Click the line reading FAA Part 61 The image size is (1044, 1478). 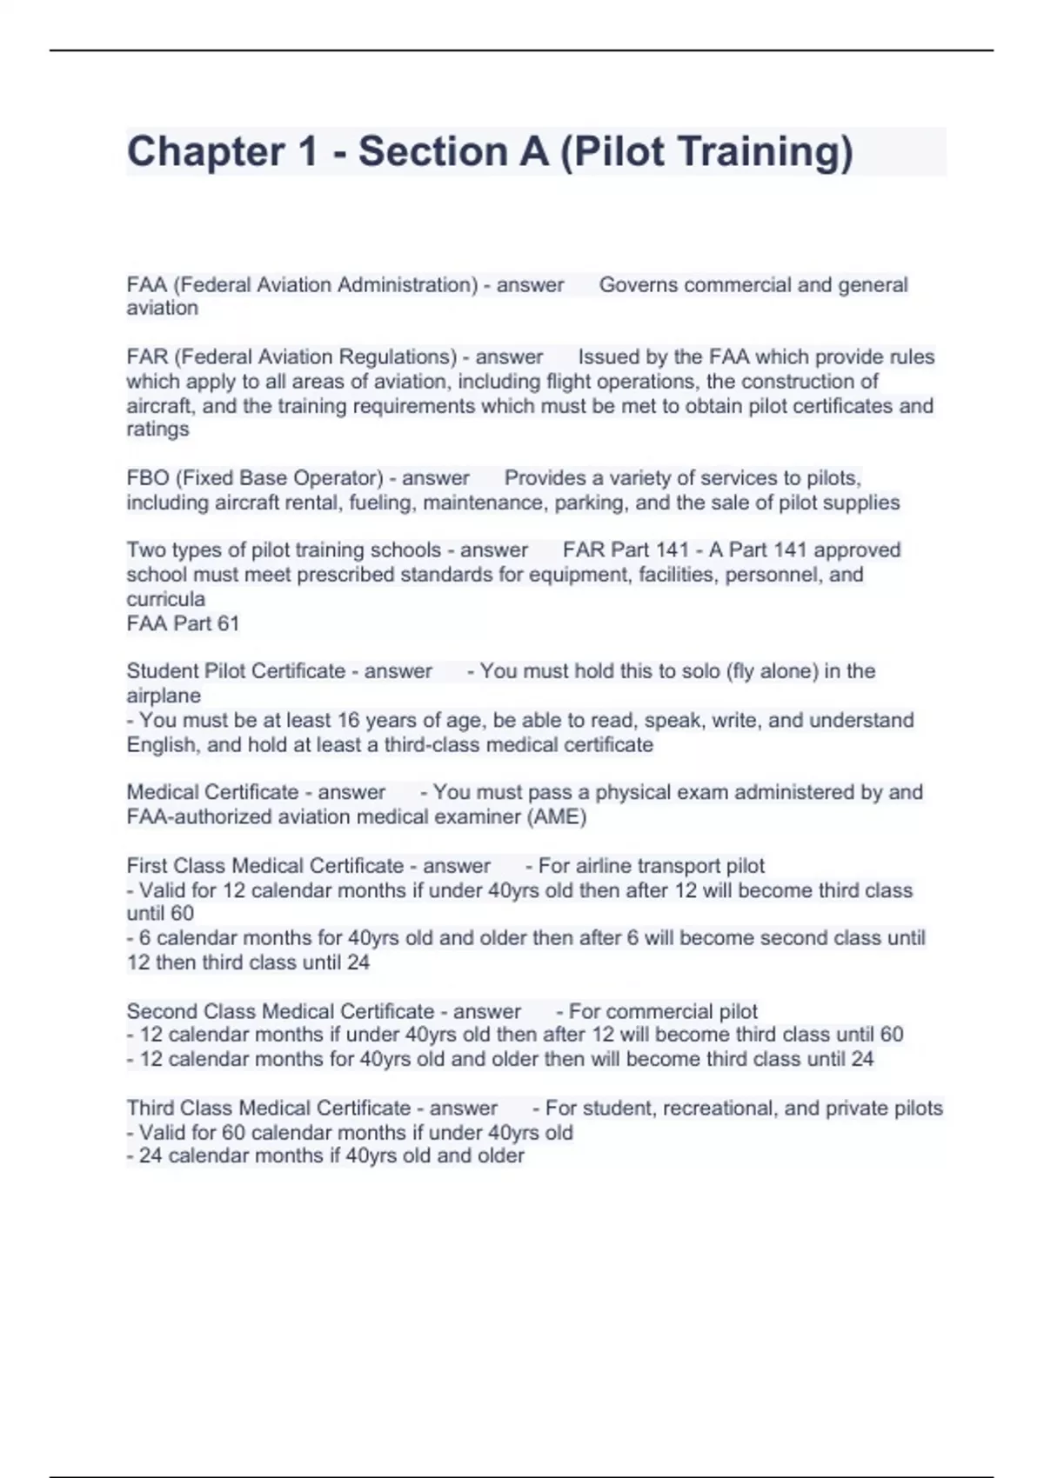[x=183, y=623]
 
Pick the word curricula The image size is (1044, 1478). [x=165, y=599]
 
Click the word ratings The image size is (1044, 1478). [x=157, y=429]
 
